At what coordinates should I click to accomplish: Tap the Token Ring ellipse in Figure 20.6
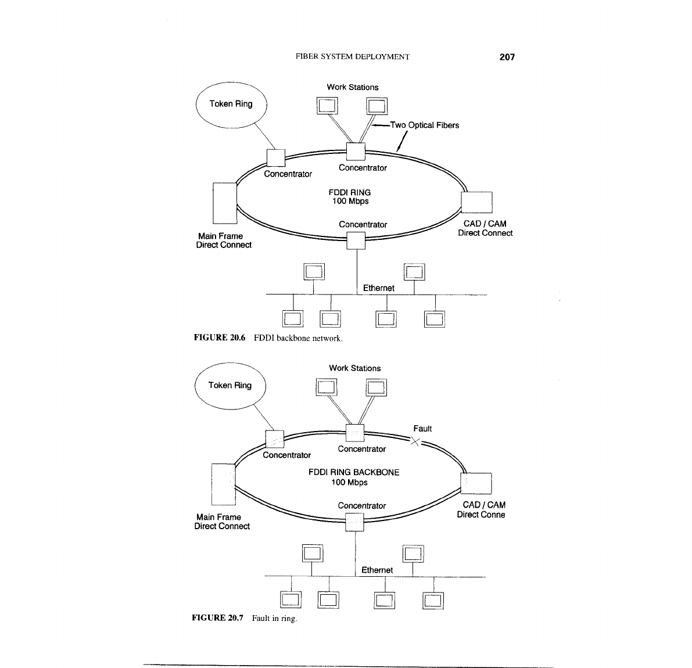click(231, 105)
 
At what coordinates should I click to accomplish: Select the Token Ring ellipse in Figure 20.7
click(230, 386)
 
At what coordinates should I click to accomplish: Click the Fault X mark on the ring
click(415, 441)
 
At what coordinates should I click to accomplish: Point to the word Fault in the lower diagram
click(422, 429)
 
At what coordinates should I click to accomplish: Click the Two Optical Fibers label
click(424, 125)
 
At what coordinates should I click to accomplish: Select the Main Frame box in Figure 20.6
click(225, 203)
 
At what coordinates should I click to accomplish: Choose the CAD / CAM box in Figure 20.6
click(476, 203)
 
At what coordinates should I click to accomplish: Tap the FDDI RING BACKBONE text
click(353, 472)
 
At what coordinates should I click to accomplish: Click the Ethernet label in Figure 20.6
click(378, 288)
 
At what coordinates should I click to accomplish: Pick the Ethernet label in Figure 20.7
click(377, 570)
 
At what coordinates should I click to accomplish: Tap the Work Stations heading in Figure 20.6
click(352, 87)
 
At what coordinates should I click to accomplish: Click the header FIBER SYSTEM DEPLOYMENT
click(353, 57)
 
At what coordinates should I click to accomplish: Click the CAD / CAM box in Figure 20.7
click(476, 483)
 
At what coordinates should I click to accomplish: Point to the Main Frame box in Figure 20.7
click(223, 484)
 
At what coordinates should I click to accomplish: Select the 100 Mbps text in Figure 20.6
click(350, 202)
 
